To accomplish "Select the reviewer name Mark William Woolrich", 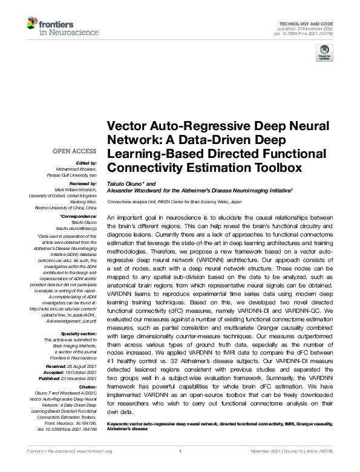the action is click(71, 189).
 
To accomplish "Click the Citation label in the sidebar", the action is click(88, 385).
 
